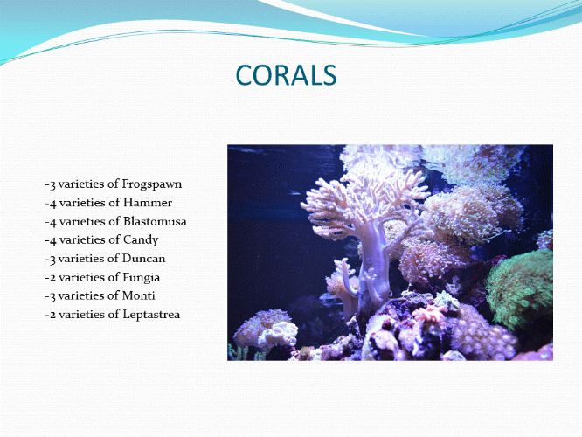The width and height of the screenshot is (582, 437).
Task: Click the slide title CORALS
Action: pos(286,75)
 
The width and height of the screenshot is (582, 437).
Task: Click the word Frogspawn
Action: pos(152,184)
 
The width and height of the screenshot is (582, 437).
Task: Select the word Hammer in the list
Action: pos(148,203)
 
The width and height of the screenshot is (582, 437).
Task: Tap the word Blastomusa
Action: pos(156,221)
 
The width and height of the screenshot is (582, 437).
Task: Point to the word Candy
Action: pos(141,240)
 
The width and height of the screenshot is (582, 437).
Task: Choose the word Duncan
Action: pos(143,259)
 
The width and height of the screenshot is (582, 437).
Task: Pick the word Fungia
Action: pos(142,278)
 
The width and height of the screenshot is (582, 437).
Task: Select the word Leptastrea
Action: pos(151,315)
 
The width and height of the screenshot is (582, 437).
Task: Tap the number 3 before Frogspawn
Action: pos(52,184)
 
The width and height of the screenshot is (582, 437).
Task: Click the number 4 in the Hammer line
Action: pos(52,204)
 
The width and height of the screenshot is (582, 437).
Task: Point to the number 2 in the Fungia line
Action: pos(52,278)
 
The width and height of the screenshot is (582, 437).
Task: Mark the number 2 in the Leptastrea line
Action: pos(52,315)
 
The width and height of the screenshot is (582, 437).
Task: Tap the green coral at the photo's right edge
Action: pos(520,288)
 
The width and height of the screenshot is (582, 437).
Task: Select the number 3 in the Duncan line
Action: pos(52,260)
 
